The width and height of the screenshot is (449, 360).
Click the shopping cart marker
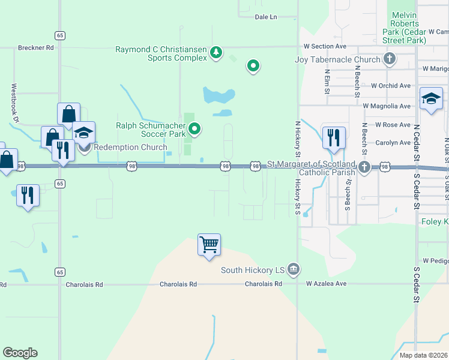point(209,245)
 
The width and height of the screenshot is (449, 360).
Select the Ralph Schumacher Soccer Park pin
point(194,128)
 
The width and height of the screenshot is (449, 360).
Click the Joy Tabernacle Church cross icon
point(390,59)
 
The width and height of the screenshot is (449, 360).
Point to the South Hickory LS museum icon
point(293,269)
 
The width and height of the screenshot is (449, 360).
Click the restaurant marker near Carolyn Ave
point(334,137)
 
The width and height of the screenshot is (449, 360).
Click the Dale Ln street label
point(266,17)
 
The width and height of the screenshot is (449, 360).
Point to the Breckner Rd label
point(36,47)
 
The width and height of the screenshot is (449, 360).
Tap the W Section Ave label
point(325,46)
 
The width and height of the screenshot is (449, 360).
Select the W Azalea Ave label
point(327,283)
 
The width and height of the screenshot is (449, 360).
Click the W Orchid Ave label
point(391,86)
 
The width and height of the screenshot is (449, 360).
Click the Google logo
point(20,353)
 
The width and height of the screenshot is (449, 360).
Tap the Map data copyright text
point(423,355)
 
